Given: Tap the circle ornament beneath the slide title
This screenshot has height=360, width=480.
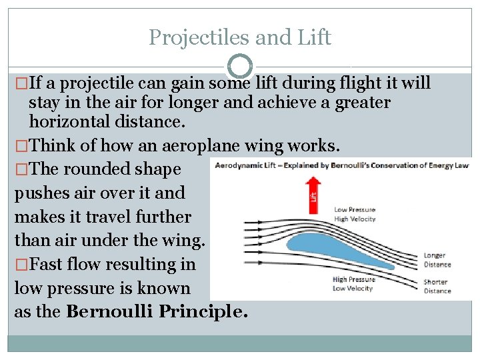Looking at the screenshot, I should click(240, 67).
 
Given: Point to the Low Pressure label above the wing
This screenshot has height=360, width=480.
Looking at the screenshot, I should click(354, 210).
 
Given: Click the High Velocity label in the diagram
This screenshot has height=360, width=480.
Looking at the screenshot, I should click(355, 219).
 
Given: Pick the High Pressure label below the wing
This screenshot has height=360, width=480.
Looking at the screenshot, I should click(354, 280).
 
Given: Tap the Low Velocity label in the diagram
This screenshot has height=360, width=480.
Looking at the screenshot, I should click(354, 289).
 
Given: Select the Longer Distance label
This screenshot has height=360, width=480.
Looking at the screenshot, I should click(437, 260).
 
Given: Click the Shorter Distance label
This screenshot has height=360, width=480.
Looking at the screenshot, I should click(437, 286).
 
